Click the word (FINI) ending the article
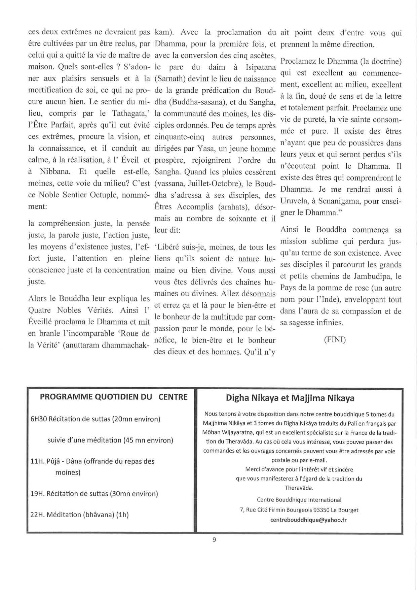(x=335, y=339)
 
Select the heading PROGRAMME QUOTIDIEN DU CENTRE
(x=114, y=397)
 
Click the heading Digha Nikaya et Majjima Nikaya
(x=290, y=398)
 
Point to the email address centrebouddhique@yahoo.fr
(x=308, y=520)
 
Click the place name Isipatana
(x=261, y=67)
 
